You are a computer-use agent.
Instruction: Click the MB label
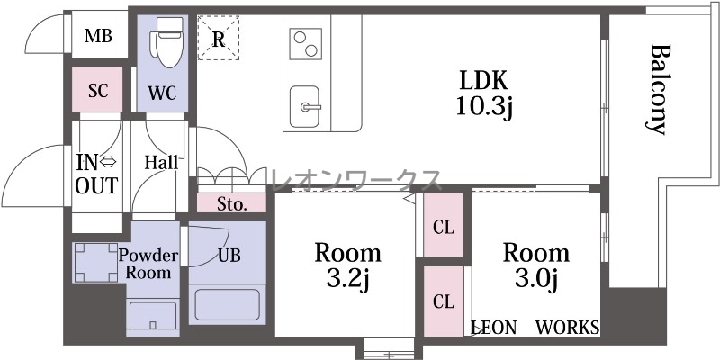pyautogui.click(x=98, y=36)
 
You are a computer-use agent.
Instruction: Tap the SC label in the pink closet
pyautogui.click(x=98, y=91)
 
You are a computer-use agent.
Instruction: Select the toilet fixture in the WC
pyautogui.click(x=168, y=42)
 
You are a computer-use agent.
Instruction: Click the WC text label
pyautogui.click(x=162, y=94)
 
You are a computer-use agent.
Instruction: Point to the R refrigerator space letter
pyautogui.click(x=219, y=40)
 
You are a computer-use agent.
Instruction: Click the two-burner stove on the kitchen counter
pyautogui.click(x=305, y=43)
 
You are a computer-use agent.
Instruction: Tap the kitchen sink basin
pyautogui.click(x=305, y=106)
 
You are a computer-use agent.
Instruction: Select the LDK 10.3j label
pyautogui.click(x=483, y=95)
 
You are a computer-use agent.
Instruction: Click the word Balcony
pyautogui.click(x=658, y=89)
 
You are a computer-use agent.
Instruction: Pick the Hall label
pyautogui.click(x=161, y=162)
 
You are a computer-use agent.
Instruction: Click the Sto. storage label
pyautogui.click(x=232, y=204)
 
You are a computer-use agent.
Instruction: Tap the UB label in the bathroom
pyautogui.click(x=229, y=256)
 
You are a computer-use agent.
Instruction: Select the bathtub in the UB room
pyautogui.click(x=227, y=304)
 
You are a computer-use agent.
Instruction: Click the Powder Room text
pyautogui.click(x=148, y=264)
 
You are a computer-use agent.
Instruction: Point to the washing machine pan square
pyautogui.click(x=96, y=262)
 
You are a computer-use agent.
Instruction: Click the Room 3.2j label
pyautogui.click(x=347, y=265)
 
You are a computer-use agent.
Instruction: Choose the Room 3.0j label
pyautogui.click(x=536, y=265)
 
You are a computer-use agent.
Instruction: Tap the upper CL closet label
pyautogui.click(x=444, y=228)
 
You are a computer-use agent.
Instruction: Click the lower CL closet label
pyautogui.click(x=444, y=301)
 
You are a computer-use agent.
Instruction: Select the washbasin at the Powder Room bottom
pyautogui.click(x=153, y=314)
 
